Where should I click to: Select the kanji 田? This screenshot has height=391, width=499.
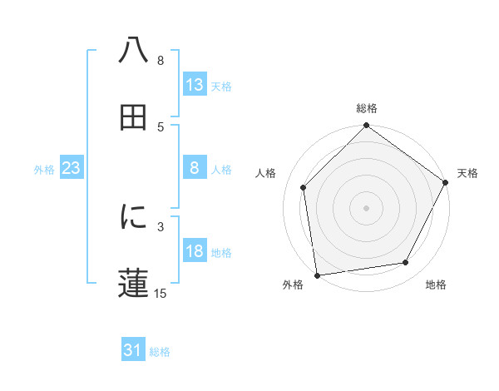134,117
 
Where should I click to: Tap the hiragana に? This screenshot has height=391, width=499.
134,217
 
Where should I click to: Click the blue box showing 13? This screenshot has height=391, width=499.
195,84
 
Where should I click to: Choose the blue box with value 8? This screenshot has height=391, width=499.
195,168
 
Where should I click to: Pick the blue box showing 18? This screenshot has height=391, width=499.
195,252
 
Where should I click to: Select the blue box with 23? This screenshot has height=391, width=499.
72,168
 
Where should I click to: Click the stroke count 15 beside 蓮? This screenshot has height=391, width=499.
161,293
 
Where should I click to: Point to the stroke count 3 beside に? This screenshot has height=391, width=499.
161,225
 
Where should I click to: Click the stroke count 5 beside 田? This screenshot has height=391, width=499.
161,126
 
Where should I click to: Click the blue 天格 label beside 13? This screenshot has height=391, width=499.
221,86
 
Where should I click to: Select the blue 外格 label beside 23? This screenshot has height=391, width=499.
44,170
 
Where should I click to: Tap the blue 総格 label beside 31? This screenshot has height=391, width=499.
160,352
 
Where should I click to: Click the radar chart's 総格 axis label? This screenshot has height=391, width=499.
367,108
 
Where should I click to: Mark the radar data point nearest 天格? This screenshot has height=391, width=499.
446,182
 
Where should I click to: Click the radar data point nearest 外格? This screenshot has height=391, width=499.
317,275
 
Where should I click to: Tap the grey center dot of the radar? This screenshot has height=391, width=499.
367,207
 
